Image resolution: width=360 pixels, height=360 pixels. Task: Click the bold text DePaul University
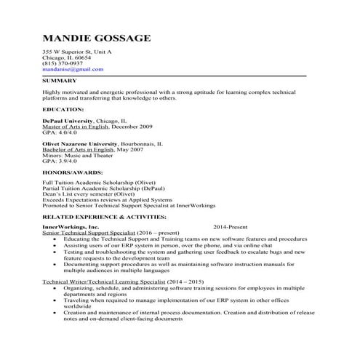pyautogui.click(x=67, y=121)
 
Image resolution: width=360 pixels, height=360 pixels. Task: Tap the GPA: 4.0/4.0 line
pyautogui.click(x=59, y=132)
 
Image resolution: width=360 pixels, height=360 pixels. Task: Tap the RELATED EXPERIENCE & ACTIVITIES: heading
pyautogui.click(x=104, y=217)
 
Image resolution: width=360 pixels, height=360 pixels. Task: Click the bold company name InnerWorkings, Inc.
pyautogui.click(x=71, y=228)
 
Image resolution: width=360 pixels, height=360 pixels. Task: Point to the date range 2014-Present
pyautogui.click(x=231, y=228)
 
